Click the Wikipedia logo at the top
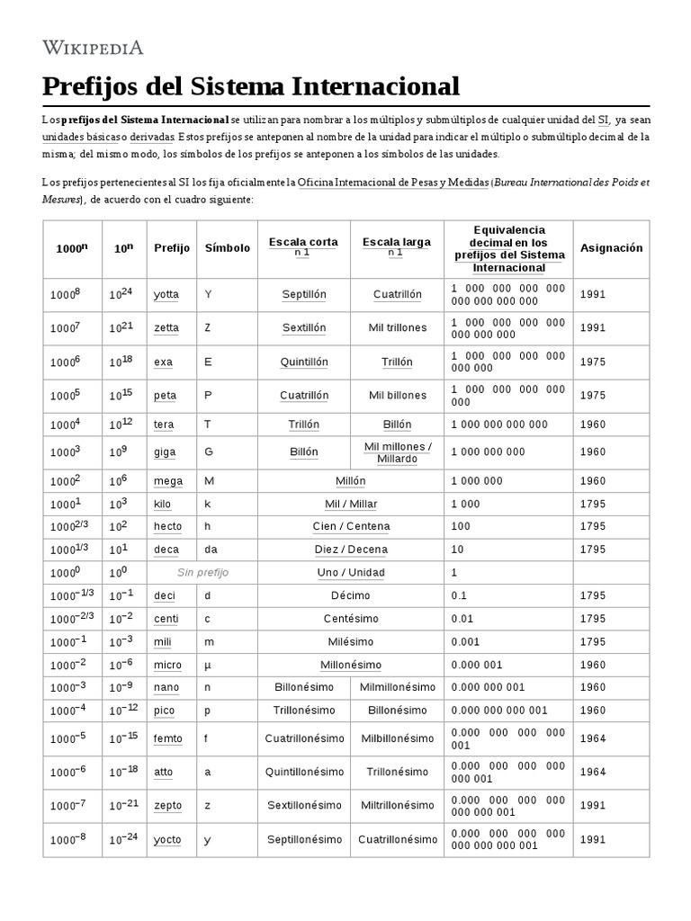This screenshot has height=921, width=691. tap(93, 48)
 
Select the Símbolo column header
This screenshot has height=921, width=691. tap(227, 247)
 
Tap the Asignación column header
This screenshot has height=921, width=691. tap(611, 247)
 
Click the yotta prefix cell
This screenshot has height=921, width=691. tap(166, 294)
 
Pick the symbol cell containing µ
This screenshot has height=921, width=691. tap(208, 665)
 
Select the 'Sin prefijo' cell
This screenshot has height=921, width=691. tap(202, 572)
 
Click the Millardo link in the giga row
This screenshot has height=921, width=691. tap(397, 458)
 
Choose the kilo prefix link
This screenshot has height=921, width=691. tap(162, 504)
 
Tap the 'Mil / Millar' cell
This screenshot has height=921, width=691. tap(351, 504)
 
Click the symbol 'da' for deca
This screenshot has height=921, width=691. tap(211, 550)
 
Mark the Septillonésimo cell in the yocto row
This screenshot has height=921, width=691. tap(304, 839)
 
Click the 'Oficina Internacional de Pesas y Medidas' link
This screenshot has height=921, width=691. tap(393, 182)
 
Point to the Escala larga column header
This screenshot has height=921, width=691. tap(396, 242)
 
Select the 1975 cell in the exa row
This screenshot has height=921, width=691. tap(592, 362)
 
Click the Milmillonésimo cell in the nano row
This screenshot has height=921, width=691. tap(396, 687)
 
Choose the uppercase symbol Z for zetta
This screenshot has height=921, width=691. tap(208, 328)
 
